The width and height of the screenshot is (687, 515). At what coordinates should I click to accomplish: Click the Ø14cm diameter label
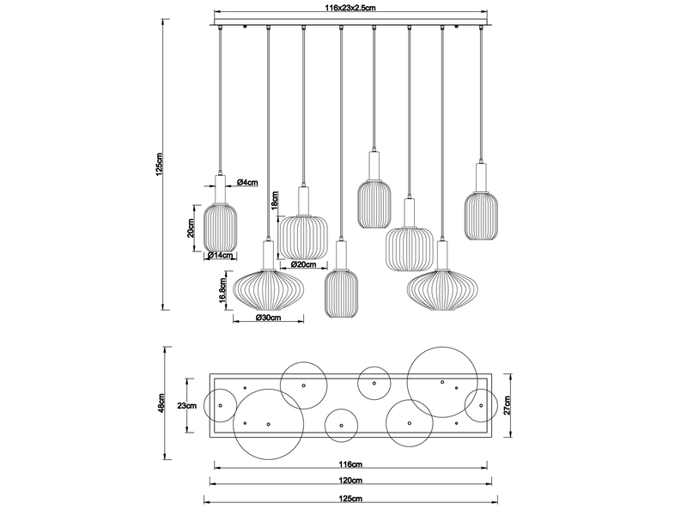point(222,256)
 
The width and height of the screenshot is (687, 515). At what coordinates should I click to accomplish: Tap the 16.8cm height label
point(222,289)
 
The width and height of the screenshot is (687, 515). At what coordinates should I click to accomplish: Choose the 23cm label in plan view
point(186,404)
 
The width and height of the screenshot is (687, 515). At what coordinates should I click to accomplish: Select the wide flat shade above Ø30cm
point(267,289)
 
